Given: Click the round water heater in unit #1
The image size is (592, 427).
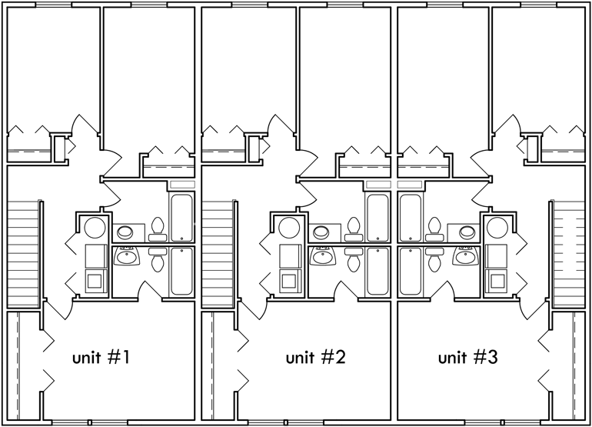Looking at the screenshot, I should [95, 228].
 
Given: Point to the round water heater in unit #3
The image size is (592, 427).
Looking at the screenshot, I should [495, 228].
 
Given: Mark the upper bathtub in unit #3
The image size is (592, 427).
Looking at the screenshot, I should [410, 217].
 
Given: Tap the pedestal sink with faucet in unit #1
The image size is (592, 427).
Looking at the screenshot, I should [126, 257].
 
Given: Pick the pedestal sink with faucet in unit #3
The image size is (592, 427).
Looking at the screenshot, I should [464, 257].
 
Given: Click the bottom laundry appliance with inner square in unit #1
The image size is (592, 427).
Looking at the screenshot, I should [95, 280].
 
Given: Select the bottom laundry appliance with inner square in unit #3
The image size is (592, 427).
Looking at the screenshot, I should [495, 280].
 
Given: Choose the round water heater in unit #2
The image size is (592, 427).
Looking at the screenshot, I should [289, 228].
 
